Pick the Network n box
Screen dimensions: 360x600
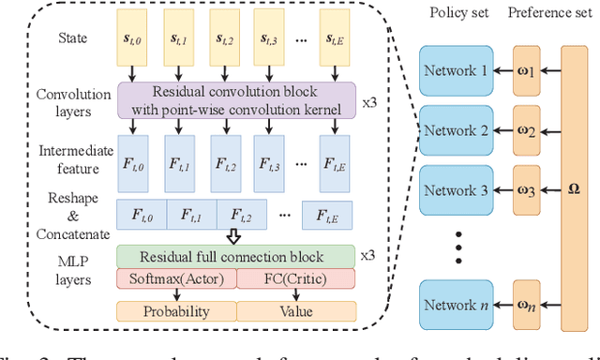[x=455, y=306]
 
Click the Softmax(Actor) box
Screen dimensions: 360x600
[x=175, y=278]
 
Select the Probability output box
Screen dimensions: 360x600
[x=175, y=310]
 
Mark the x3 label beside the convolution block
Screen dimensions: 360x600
[x=368, y=99]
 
